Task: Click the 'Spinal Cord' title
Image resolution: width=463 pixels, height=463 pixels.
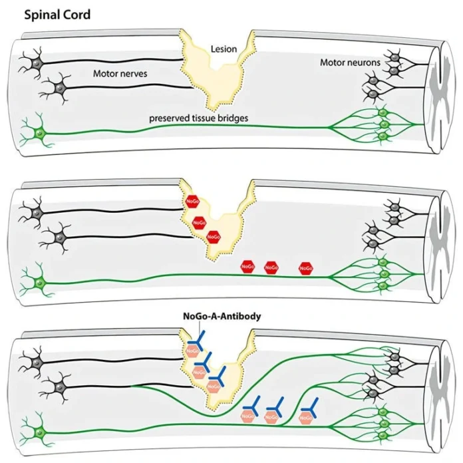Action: pos(57,15)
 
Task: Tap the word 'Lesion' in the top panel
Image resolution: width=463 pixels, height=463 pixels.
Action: pos(224,49)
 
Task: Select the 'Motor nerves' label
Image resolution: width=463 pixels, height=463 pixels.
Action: pos(120,73)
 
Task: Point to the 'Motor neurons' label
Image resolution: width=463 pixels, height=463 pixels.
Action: pos(350,63)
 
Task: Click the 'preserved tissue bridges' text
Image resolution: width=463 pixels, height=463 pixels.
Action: pos(198,118)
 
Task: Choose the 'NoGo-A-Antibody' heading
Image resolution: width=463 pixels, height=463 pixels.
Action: pos(222,316)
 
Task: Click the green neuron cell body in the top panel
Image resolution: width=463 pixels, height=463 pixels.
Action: pos(39,134)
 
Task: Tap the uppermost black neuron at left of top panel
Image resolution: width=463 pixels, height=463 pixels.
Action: pos(37,63)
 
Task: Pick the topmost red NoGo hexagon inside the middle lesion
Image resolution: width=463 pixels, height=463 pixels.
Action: pos(192,202)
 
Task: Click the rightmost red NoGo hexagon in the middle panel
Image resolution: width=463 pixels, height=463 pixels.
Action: pos(306,268)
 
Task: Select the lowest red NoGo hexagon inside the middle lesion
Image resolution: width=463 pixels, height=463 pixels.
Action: pos(214,237)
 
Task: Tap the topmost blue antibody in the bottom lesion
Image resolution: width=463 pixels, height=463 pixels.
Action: pos(196,341)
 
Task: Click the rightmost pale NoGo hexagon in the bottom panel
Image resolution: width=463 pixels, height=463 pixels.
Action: pos(306,418)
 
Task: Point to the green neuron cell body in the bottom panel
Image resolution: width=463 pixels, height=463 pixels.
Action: pos(39,433)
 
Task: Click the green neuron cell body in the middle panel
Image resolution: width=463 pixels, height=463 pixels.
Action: pos(39,283)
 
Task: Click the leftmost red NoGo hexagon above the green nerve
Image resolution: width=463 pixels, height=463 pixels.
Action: pos(247,267)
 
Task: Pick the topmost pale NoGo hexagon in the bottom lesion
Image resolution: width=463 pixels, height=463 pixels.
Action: pos(192,351)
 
